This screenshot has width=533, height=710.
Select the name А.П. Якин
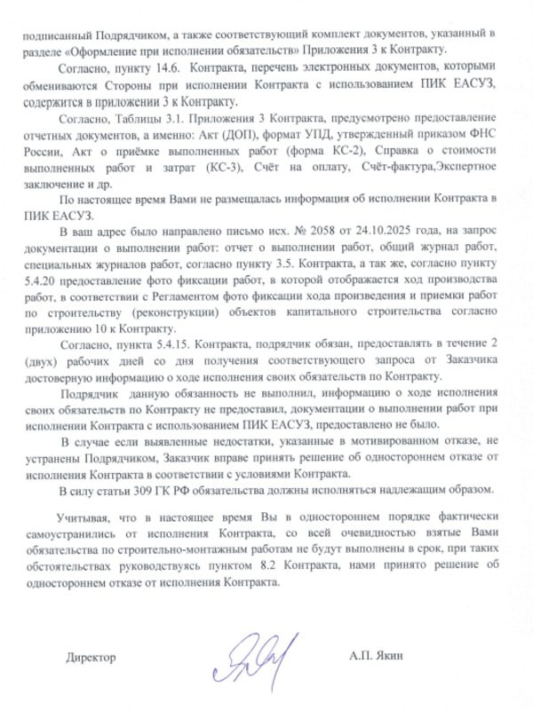[x=376, y=657]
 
